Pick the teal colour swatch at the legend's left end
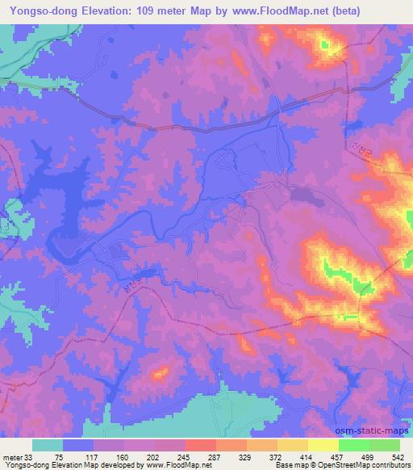coord(48,446)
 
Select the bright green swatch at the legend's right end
coord(384,446)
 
